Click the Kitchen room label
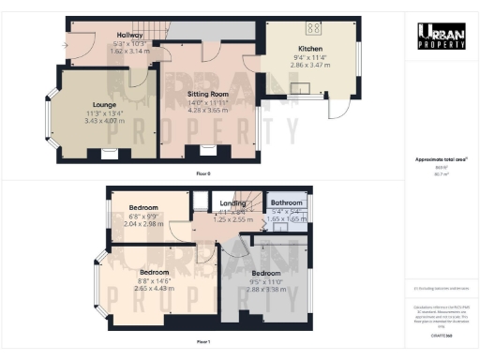(310, 48)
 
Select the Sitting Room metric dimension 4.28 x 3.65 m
(205, 111)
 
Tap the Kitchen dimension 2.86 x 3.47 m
(310, 63)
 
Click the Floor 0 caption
(202, 175)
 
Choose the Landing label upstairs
(232, 202)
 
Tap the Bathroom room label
(286, 202)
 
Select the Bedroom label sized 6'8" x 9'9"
(142, 207)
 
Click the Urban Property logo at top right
(441, 36)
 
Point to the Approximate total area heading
(440, 160)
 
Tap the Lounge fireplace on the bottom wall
(110, 154)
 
